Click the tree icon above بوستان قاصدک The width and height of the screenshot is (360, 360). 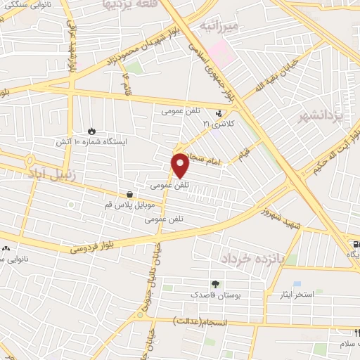click(214, 284)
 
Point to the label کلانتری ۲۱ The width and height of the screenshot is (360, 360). click(216, 124)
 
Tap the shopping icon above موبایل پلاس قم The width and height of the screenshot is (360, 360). click(129, 195)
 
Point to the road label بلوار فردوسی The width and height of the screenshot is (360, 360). click(92, 246)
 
